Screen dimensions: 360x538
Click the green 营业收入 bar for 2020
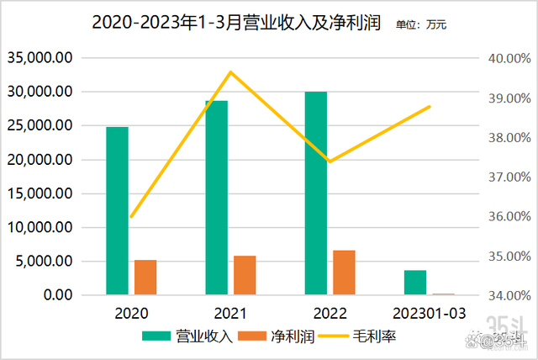coord(117,210)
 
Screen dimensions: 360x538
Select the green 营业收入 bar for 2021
coord(216,198)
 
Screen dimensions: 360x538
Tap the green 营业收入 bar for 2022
coord(316,193)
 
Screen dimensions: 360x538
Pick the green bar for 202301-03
coord(414,283)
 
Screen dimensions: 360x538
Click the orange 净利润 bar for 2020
coord(145,278)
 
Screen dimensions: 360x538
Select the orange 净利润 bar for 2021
coord(245,275)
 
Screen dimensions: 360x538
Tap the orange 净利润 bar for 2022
coord(344,273)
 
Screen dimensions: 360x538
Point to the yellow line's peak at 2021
coord(231,71)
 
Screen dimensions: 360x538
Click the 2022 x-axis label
coord(330,314)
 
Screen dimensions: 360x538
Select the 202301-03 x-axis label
coord(429,314)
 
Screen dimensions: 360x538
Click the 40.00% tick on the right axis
coord(509,58)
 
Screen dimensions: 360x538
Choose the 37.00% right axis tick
coord(509,177)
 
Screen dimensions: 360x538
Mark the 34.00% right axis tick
coord(509,295)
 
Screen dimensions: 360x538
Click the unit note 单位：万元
coord(421,25)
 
